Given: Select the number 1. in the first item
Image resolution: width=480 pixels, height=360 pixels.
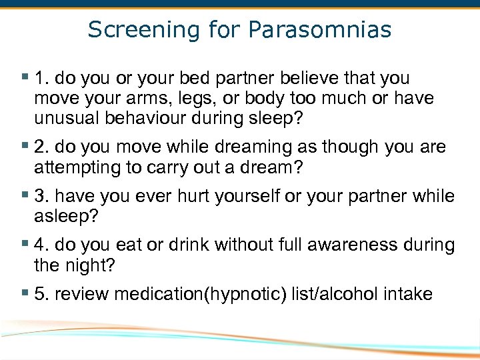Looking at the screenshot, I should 41,79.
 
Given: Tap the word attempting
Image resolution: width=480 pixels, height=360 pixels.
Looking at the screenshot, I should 72,167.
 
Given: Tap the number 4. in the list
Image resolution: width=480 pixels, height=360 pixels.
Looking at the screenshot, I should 41,245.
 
